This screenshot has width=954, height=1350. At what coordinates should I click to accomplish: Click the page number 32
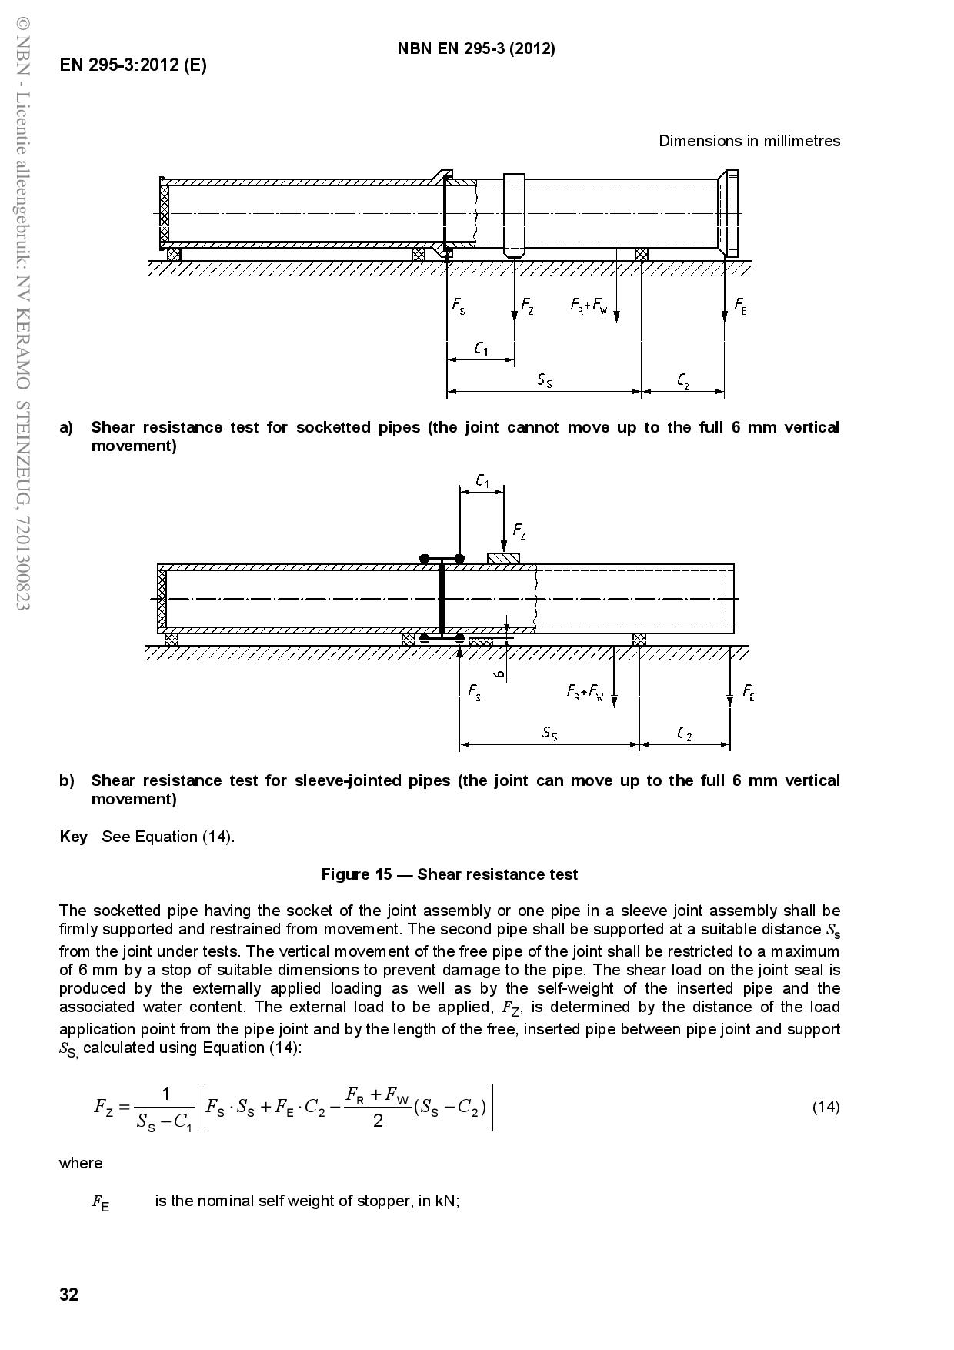click(68, 1295)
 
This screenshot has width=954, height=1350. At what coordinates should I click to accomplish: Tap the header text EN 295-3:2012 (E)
click(133, 65)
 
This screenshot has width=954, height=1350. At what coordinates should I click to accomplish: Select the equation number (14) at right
click(826, 1107)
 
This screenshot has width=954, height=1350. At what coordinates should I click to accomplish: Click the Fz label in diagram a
click(528, 305)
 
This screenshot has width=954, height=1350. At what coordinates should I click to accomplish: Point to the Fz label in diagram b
click(519, 530)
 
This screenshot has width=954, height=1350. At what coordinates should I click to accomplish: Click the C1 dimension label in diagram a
click(481, 348)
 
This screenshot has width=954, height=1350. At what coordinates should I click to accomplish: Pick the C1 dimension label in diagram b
click(482, 481)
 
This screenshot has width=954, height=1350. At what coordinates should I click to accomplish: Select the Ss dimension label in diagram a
click(545, 379)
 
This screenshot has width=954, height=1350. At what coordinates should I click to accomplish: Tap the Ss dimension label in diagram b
click(549, 733)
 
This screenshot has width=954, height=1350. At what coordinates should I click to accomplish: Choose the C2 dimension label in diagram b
click(685, 733)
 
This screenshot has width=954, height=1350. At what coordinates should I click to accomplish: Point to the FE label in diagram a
click(740, 306)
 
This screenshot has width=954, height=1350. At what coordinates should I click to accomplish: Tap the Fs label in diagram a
click(459, 306)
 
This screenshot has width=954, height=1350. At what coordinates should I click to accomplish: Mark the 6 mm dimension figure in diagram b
click(499, 673)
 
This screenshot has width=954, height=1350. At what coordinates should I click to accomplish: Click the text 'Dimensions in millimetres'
click(749, 141)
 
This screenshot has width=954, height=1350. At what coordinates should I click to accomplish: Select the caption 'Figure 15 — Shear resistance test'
click(449, 874)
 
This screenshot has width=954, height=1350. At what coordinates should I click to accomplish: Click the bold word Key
click(73, 837)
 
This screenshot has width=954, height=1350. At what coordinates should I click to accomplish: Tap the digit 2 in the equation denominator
click(378, 1121)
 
